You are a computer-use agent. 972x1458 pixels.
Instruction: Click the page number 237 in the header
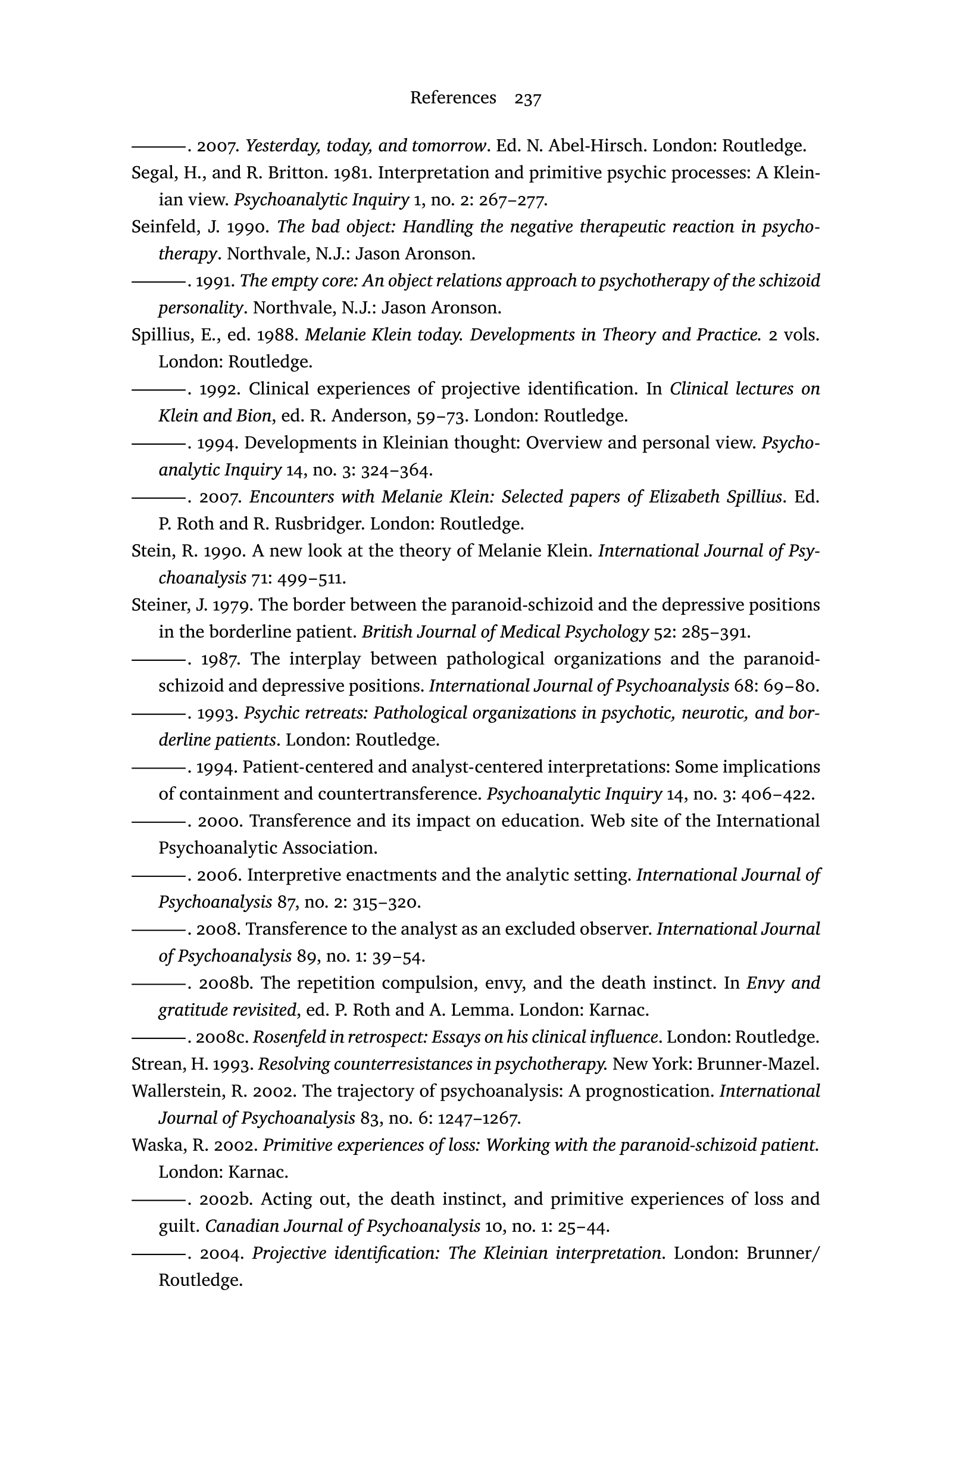click(x=527, y=99)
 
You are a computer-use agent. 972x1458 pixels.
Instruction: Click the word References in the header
click(x=452, y=98)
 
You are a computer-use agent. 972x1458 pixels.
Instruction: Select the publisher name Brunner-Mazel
click(x=758, y=1064)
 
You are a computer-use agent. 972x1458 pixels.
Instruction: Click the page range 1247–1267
click(x=478, y=1118)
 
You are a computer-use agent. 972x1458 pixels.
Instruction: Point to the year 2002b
click(x=226, y=1199)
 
